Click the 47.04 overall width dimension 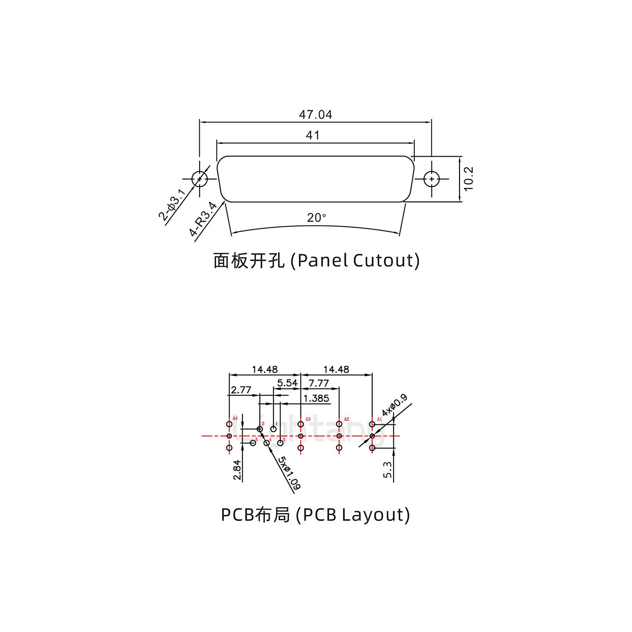click(x=315, y=115)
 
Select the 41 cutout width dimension click(x=312, y=135)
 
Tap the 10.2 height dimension click(x=469, y=179)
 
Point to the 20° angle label click(x=316, y=218)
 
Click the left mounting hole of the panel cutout click(x=200, y=179)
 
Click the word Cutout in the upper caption click(x=383, y=260)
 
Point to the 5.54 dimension click(x=287, y=383)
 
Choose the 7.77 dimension click(x=319, y=383)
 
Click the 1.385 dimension click(x=316, y=399)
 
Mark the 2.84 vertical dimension click(x=237, y=470)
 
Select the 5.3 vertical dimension click(x=387, y=470)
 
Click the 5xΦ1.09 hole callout click(x=289, y=473)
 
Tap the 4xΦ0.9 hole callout click(x=394, y=406)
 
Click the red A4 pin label click(x=235, y=418)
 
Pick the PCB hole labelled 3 click(x=280, y=443)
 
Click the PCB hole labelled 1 click(x=273, y=429)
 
